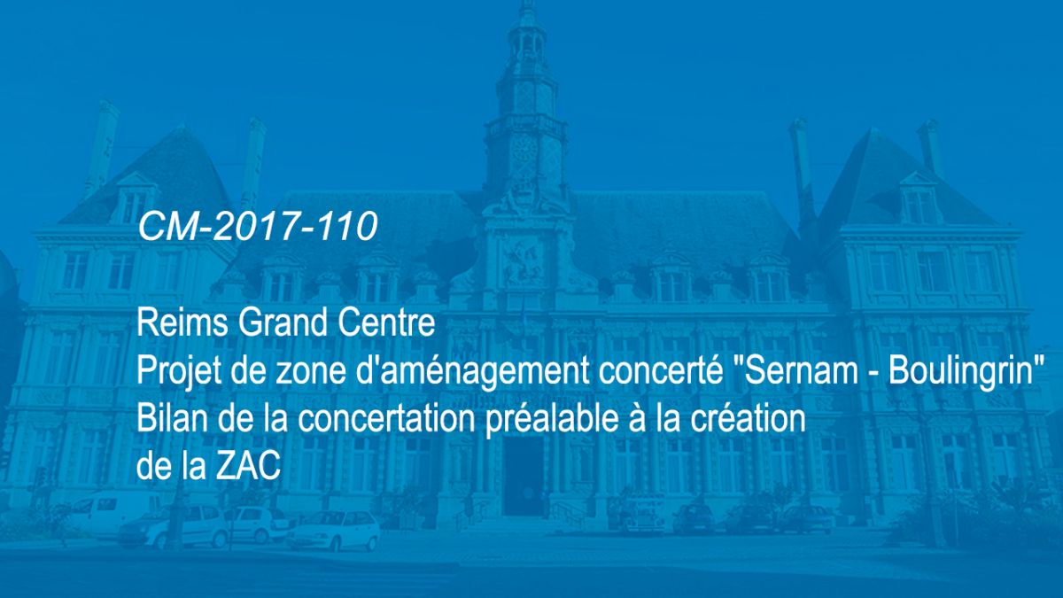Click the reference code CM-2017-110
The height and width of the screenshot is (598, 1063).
pyautogui.click(x=258, y=226)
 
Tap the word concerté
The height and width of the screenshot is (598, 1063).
pyautogui.click(x=661, y=371)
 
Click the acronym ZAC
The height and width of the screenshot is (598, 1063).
pyautogui.click(x=249, y=466)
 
